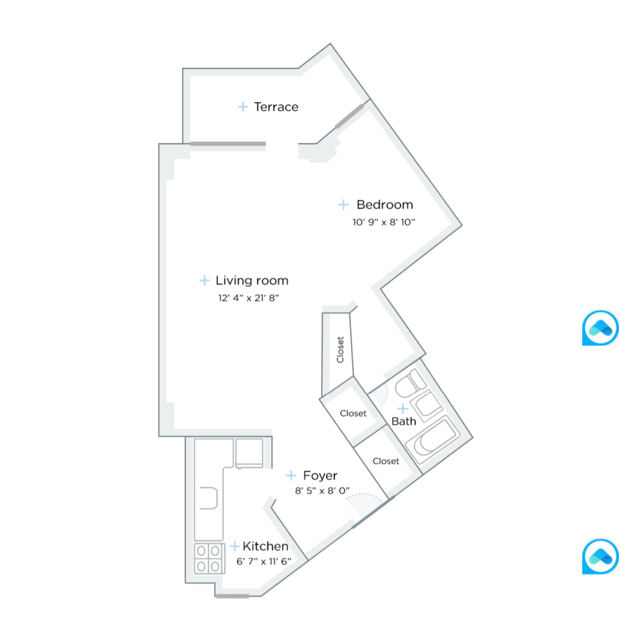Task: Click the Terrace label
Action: click(276, 107)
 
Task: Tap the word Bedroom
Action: click(384, 205)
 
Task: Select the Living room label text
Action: click(252, 281)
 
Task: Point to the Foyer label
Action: click(320, 476)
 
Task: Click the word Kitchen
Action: click(266, 547)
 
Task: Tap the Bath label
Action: click(404, 422)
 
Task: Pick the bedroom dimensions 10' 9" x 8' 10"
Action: click(383, 221)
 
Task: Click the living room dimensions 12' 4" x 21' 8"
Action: click(248, 297)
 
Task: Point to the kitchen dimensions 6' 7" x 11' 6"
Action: click(264, 561)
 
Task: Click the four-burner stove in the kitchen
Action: click(208, 558)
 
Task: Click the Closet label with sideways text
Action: click(340, 350)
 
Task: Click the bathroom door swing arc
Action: click(381, 392)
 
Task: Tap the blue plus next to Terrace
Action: click(243, 107)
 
